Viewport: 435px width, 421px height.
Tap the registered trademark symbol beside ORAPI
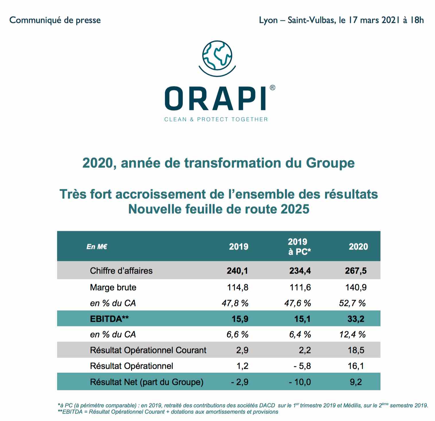click(272, 88)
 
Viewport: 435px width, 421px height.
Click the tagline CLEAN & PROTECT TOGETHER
click(216, 119)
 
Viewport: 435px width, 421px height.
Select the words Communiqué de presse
click(55, 20)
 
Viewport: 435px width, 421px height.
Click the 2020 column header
click(358, 247)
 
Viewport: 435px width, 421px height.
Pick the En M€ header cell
click(97, 247)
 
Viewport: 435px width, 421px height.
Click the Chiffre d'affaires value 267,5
click(356, 271)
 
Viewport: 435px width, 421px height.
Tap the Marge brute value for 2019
click(238, 287)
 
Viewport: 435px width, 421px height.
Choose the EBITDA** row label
click(109, 319)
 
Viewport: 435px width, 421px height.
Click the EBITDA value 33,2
click(356, 319)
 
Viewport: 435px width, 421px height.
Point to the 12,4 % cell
click(352, 335)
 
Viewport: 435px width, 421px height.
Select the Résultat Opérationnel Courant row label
click(148, 350)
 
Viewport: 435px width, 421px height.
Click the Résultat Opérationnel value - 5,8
click(302, 366)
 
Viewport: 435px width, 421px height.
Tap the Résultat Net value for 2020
click(356, 382)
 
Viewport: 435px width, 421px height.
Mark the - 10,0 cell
click(300, 382)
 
